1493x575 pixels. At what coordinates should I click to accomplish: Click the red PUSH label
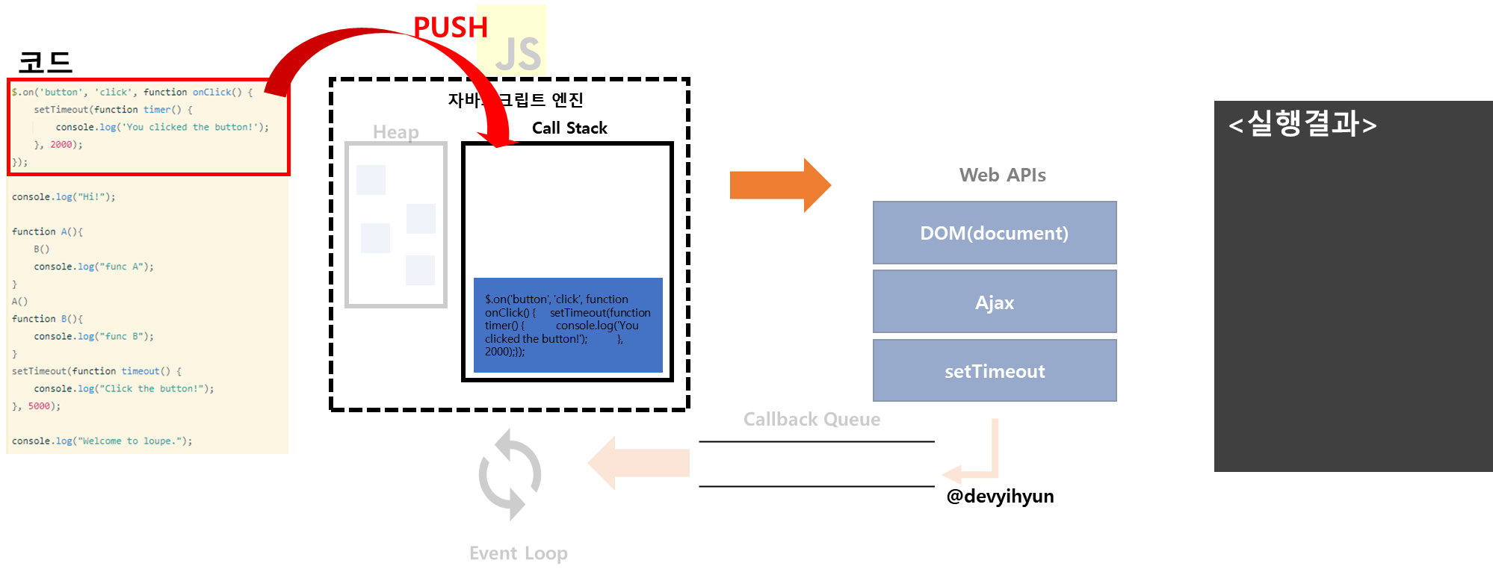coord(450,28)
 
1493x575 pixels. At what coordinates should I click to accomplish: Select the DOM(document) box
coord(994,233)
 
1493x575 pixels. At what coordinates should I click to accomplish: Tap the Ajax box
coord(994,302)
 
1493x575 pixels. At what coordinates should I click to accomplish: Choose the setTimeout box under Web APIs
coord(994,371)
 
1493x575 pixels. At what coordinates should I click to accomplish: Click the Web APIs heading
coord(1002,175)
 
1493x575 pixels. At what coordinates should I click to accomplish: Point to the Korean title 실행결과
coord(1302,124)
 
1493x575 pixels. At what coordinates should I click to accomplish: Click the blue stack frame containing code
coord(568,325)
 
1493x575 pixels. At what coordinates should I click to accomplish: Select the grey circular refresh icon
coord(510,474)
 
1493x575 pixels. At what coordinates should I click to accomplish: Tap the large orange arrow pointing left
coord(638,463)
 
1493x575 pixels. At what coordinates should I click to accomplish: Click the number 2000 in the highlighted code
coord(61,145)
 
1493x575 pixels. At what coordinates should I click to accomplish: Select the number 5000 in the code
coord(39,406)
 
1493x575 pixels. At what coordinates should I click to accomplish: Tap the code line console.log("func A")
coord(93,267)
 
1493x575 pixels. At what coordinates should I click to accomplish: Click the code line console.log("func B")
coord(93,337)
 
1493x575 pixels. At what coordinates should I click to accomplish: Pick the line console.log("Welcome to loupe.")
coord(102,441)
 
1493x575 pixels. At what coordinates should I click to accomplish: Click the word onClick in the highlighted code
coord(212,93)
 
